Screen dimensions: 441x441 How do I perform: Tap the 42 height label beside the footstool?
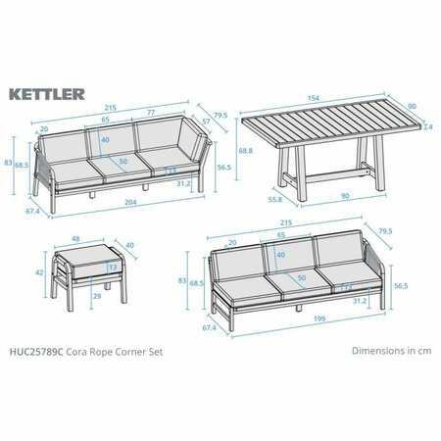[38, 273]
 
